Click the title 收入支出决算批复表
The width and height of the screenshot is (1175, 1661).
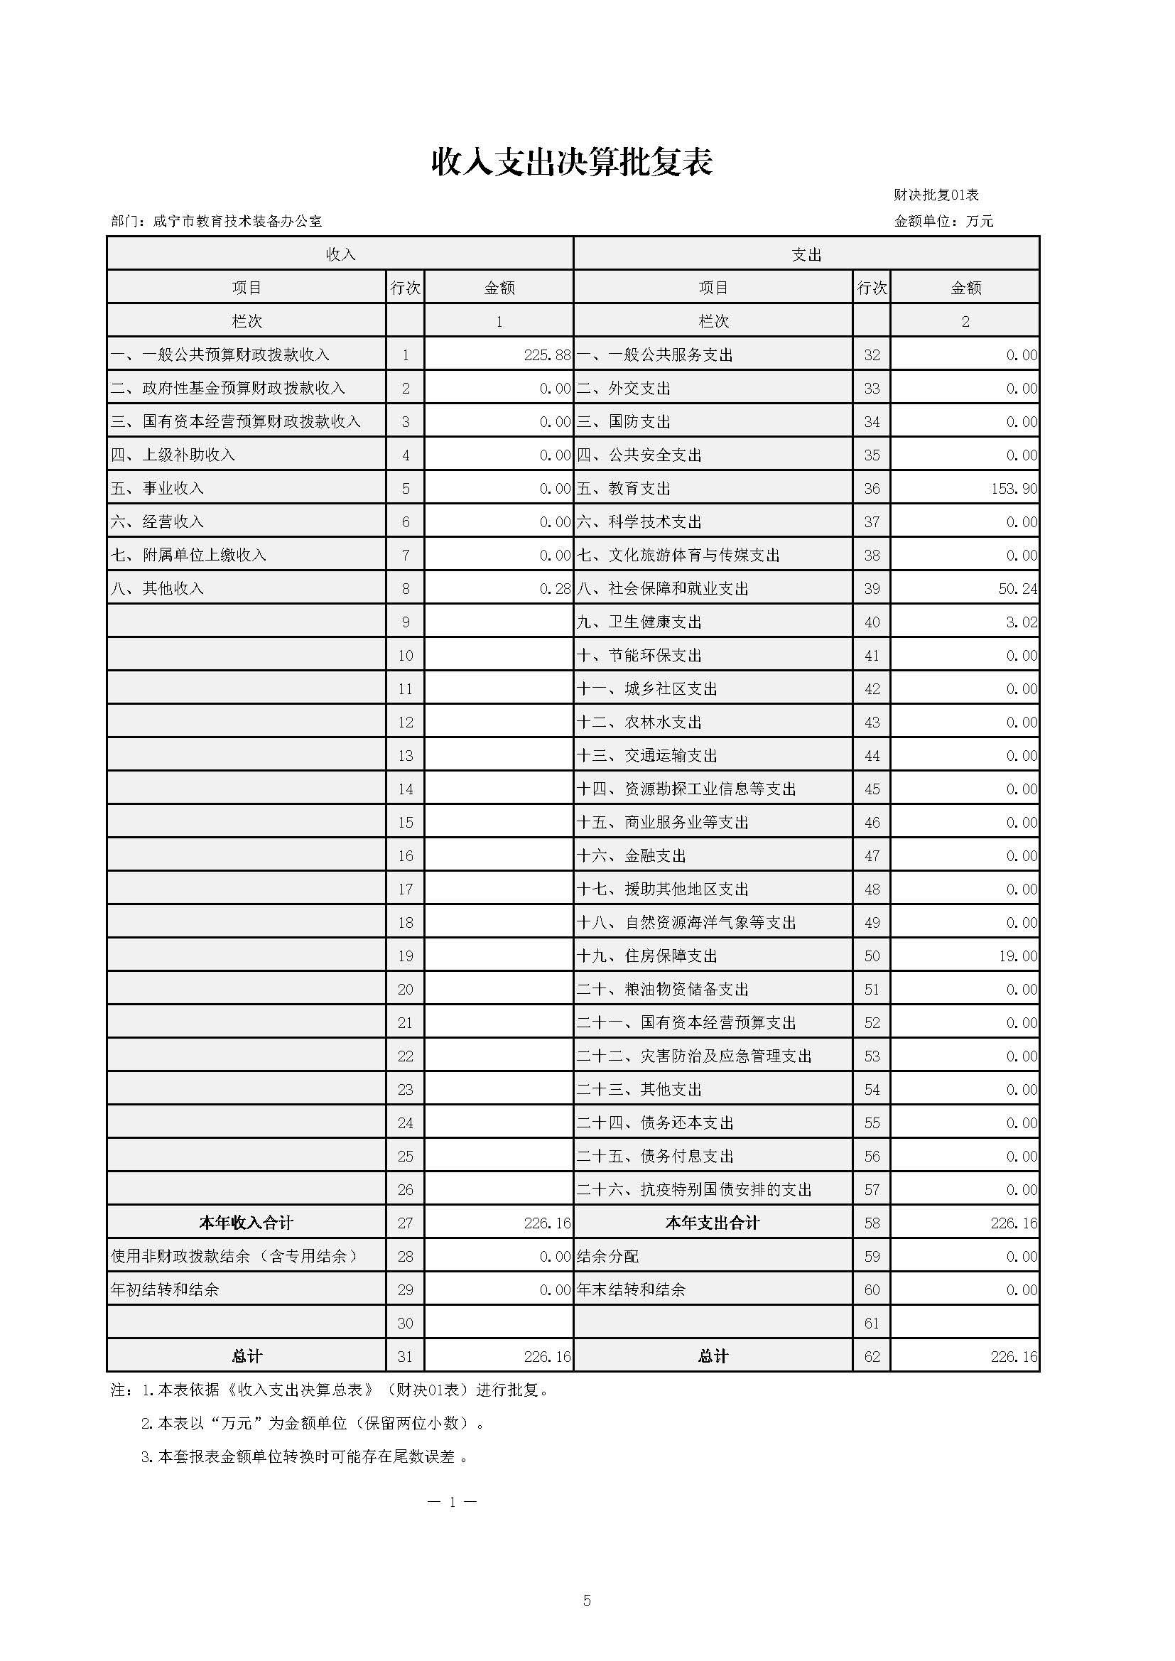tap(572, 162)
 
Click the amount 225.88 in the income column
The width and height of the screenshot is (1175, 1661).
tap(547, 355)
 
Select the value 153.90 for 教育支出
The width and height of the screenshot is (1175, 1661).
tap(1014, 489)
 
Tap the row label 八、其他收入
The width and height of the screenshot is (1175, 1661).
tap(157, 589)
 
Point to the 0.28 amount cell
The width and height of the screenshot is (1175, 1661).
tap(555, 589)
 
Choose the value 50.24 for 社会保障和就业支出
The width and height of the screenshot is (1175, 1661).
tap(1017, 589)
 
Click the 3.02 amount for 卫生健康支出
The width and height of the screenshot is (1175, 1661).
tap(1021, 622)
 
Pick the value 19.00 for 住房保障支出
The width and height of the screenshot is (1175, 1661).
tap(1017, 956)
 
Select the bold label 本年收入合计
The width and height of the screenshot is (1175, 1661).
tap(246, 1223)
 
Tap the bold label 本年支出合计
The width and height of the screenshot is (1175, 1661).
tap(713, 1223)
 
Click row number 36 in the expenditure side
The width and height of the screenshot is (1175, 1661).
tap(872, 489)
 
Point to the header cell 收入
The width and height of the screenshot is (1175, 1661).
tap(340, 254)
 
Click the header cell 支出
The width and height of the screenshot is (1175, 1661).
tap(806, 254)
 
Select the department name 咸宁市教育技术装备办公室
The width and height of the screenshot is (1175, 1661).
tap(237, 222)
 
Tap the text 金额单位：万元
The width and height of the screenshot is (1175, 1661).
tap(943, 222)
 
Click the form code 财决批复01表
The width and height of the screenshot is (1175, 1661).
tap(936, 195)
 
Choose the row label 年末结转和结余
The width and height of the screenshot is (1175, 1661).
tap(631, 1290)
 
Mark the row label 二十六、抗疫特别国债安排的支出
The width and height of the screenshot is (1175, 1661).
tap(694, 1190)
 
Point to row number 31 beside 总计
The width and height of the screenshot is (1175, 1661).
tap(405, 1357)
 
